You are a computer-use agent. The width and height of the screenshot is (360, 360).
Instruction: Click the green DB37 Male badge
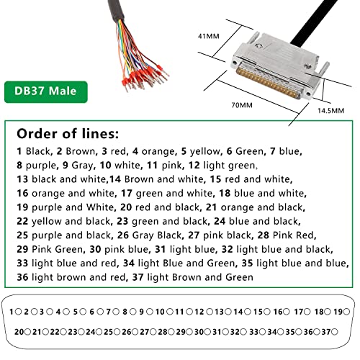[46, 92]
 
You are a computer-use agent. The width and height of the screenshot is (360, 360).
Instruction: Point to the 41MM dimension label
[208, 36]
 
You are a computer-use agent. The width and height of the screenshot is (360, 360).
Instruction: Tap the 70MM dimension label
[242, 105]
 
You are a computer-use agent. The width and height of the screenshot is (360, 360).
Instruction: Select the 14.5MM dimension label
[330, 111]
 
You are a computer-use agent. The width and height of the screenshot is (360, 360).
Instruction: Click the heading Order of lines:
[68, 134]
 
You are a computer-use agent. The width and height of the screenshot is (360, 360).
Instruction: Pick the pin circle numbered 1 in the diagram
[18, 312]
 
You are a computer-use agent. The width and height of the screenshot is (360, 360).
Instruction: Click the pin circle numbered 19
[346, 312]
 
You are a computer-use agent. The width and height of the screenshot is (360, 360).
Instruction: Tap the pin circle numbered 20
[27, 332]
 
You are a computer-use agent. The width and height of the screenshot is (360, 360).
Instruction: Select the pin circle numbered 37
[334, 332]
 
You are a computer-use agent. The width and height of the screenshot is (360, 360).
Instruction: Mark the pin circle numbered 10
[170, 312]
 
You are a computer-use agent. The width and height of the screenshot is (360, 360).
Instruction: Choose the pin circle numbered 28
[171, 332]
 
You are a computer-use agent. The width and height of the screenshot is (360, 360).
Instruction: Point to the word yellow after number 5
[204, 151]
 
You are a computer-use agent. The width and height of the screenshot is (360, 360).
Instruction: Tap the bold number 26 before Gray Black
[123, 235]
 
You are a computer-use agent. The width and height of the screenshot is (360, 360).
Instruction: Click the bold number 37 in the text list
[138, 277]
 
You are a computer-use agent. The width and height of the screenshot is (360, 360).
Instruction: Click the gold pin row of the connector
[268, 83]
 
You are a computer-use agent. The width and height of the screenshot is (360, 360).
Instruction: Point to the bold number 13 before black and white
[22, 179]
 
